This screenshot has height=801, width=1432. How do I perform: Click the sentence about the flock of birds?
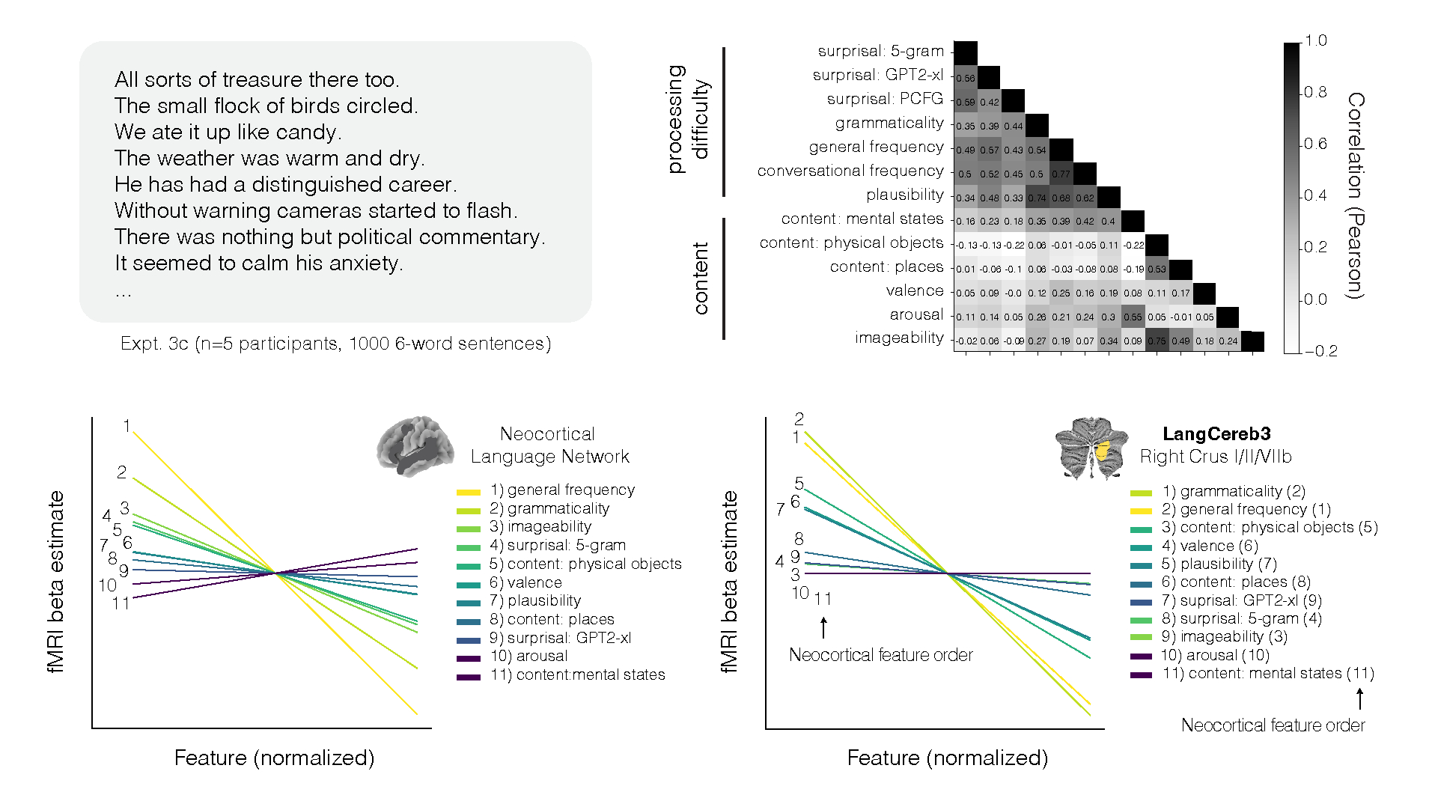pos(266,106)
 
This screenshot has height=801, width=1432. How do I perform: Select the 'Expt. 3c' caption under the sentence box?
pos(335,344)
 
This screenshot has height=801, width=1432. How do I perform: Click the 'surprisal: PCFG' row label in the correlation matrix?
pos(884,99)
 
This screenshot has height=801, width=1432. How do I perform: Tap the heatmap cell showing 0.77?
pos(1061,174)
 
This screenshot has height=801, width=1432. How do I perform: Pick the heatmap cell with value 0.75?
pos(1157,341)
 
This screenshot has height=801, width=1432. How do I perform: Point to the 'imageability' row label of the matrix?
pos(899,338)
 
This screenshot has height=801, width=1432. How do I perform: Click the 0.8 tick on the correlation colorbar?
pos(1315,92)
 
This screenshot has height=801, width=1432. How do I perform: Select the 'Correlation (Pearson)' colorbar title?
pos(1355,195)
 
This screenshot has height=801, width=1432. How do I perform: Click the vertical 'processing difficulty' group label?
pos(687,119)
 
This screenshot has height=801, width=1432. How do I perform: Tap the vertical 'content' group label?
pos(701,278)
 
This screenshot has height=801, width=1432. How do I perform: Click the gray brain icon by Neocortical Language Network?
pos(415,446)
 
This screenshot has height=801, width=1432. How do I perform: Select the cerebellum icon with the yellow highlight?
pos(1091,448)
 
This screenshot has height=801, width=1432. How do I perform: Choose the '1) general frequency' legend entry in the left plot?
pos(562,490)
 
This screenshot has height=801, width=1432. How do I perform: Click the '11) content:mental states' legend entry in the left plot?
pos(577,674)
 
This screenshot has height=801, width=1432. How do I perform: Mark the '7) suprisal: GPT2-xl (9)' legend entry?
pos(1241,600)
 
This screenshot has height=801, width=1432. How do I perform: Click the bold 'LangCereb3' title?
pos(1216,433)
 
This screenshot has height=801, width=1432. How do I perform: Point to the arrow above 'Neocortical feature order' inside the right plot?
pos(823,627)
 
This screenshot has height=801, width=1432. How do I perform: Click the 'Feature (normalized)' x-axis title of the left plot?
pos(274,758)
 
